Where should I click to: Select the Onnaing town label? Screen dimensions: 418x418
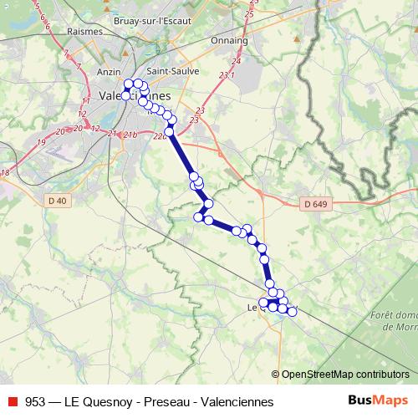click(230, 39)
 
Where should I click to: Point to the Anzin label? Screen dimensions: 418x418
click(110, 72)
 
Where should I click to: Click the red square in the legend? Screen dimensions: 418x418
click(13, 402)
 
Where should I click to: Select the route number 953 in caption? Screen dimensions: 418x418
click(36, 402)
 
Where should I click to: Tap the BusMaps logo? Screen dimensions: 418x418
click(378, 401)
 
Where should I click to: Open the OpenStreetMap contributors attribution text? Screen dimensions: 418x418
click(344, 375)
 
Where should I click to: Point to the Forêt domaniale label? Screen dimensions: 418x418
click(392, 315)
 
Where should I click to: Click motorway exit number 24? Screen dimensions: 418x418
click(237, 61)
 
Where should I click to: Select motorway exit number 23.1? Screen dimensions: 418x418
click(227, 76)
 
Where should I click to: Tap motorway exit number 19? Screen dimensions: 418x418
click(41, 142)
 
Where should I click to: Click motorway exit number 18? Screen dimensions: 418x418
click(5, 172)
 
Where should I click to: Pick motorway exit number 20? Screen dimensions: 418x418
click(59, 131)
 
